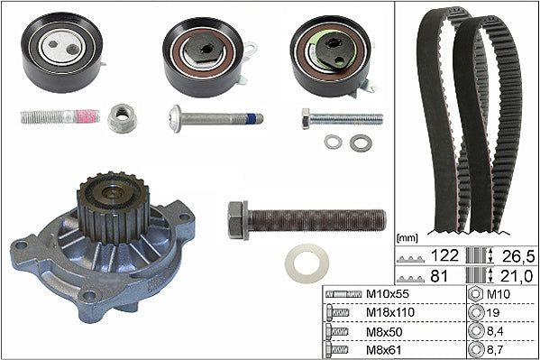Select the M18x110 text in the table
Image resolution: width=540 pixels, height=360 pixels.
click(390, 312)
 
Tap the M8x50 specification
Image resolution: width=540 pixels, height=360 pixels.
click(384, 332)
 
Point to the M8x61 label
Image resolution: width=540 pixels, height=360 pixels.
click(384, 350)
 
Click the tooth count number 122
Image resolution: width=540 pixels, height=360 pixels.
click(444, 256)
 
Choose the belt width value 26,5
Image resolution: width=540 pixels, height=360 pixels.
click(518, 256)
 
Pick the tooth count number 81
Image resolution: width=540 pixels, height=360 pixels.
click(439, 276)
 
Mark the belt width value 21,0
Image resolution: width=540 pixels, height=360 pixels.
click(517, 277)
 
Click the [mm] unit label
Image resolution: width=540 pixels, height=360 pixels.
click(407, 237)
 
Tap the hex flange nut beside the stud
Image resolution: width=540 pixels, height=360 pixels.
click(123, 118)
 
